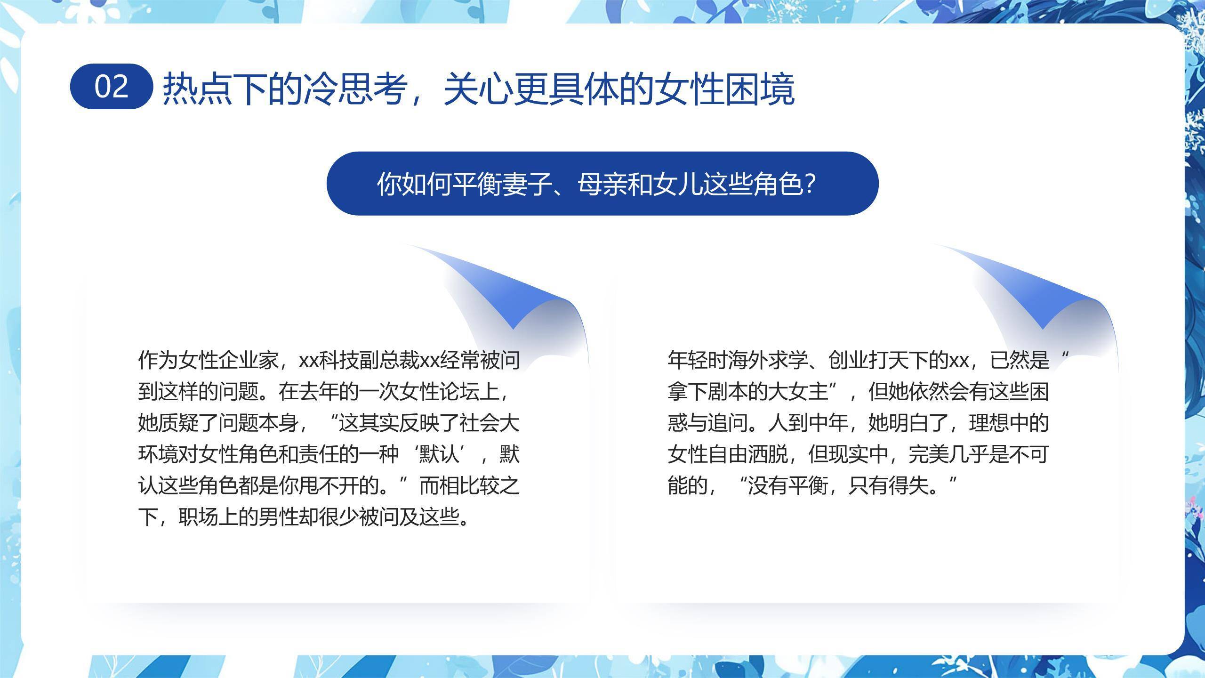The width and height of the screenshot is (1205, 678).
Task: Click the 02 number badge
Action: click(x=112, y=87)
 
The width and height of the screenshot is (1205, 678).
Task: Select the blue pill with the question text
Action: click(x=602, y=184)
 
